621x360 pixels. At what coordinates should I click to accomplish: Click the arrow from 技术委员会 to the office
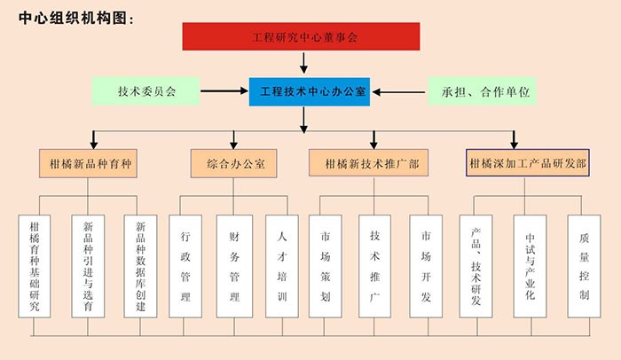tap(224, 90)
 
